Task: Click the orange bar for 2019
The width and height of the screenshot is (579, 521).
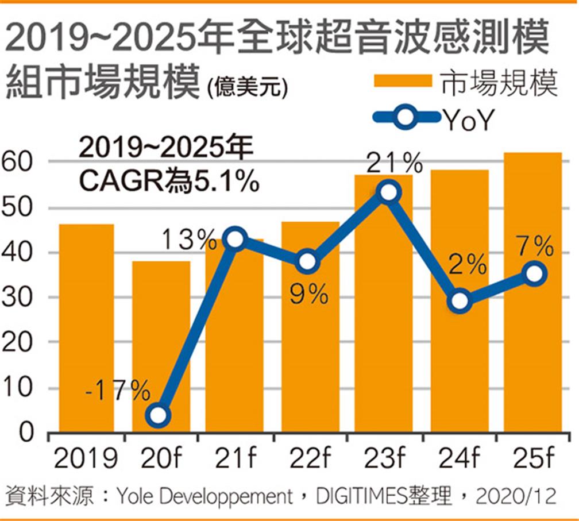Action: [x=86, y=327]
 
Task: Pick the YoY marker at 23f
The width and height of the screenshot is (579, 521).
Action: [x=389, y=192]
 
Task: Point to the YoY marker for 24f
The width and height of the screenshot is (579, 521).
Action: [x=459, y=301]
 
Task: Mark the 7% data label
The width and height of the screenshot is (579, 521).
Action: [x=534, y=248]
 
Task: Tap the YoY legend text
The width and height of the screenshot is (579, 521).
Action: [x=468, y=119]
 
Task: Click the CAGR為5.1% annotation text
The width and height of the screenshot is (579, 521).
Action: [x=167, y=182]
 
